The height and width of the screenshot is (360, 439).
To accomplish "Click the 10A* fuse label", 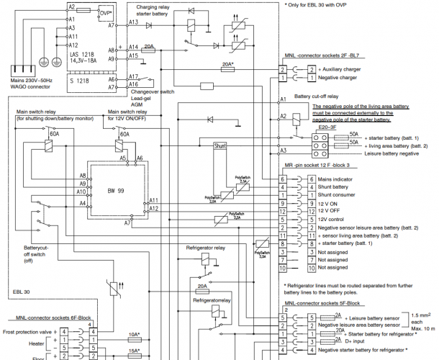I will pyautogui.click(x=134, y=335).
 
